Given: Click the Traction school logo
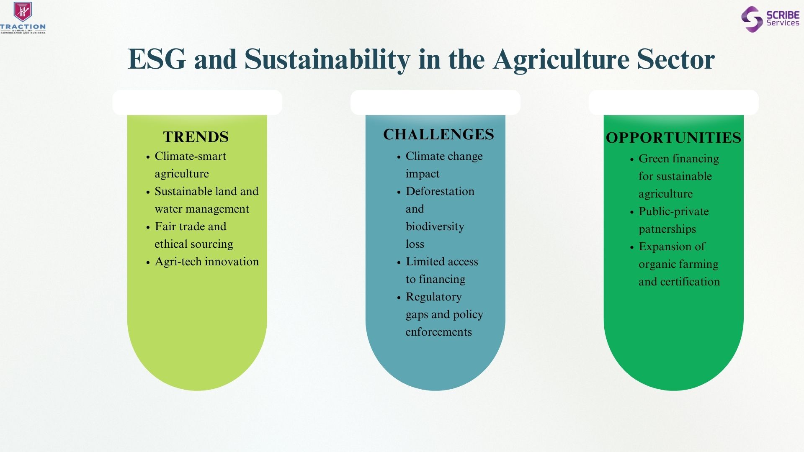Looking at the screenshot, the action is (23, 18).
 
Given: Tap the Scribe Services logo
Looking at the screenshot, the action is (770, 19).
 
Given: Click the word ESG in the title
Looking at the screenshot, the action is (157, 59).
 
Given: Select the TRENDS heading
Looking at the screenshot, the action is (196, 137).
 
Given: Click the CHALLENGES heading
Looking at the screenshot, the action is (438, 134).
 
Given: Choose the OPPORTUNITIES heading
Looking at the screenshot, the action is (673, 138).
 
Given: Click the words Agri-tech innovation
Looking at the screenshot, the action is (207, 262).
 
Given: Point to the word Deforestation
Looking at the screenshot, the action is (440, 191).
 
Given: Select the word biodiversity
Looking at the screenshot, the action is (435, 227).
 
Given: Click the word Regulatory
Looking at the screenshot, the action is (434, 297).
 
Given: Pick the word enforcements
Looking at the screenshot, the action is (439, 332).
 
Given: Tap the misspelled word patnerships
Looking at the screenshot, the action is (667, 229).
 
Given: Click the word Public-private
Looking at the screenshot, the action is (674, 212).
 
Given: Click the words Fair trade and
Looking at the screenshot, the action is (191, 226).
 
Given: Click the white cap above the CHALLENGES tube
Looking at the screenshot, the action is (435, 103).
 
